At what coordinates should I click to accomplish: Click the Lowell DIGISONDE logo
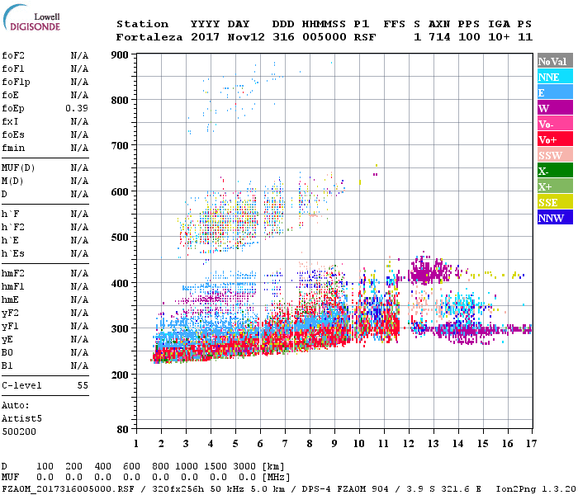click(x=29, y=21)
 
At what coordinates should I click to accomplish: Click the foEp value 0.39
click(x=78, y=108)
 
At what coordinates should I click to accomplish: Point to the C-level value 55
click(x=83, y=385)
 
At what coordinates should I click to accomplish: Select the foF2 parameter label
click(x=13, y=55)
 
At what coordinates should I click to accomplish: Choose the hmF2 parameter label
click(x=13, y=273)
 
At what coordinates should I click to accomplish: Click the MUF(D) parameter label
click(x=18, y=167)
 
